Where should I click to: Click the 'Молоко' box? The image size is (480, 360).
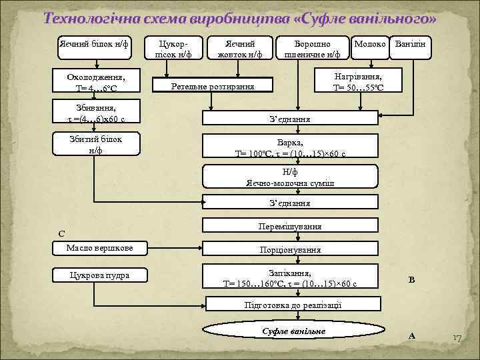click(x=369, y=45)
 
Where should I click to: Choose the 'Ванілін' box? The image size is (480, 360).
click(x=411, y=45)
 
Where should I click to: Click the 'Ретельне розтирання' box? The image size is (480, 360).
click(x=213, y=87)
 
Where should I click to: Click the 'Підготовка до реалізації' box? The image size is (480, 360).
click(x=293, y=304)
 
